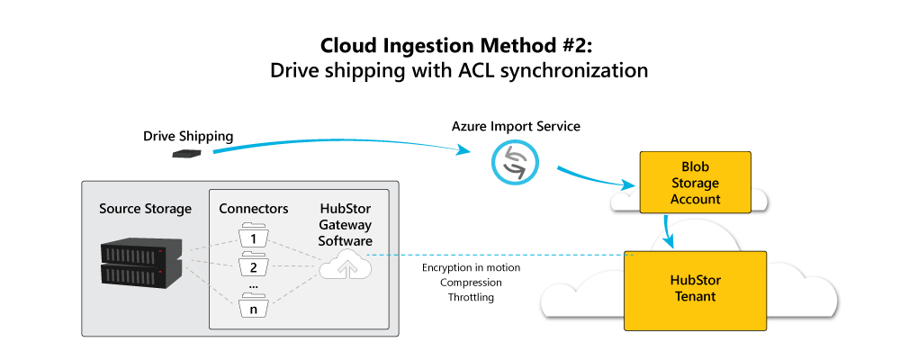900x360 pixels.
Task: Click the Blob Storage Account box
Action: pyautogui.click(x=695, y=183)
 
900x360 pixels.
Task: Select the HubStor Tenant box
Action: pyautogui.click(x=695, y=288)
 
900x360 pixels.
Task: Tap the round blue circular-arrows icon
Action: pyautogui.click(x=514, y=162)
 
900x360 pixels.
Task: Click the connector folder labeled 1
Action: pyautogui.click(x=254, y=238)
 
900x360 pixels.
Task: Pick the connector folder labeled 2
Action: pyautogui.click(x=254, y=266)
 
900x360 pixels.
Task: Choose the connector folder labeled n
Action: pyautogui.click(x=254, y=308)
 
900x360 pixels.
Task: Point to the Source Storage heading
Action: pyautogui.click(x=145, y=209)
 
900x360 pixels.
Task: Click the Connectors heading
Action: pyautogui.click(x=254, y=209)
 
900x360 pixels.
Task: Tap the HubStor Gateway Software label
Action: pyautogui.click(x=346, y=225)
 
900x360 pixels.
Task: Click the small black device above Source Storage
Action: pyautogui.click(x=186, y=154)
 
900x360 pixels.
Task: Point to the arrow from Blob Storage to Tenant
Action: pyautogui.click(x=668, y=231)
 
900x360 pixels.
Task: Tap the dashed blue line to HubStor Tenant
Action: pyautogui.click(x=495, y=255)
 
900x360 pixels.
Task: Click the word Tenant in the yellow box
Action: pyautogui.click(x=694, y=296)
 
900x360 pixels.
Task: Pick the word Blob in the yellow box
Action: pyautogui.click(x=695, y=166)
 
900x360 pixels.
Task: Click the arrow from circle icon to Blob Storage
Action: pyautogui.click(x=594, y=178)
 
